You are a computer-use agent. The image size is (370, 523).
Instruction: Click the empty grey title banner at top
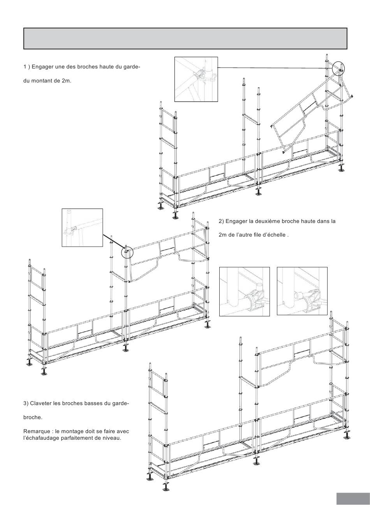[185, 39]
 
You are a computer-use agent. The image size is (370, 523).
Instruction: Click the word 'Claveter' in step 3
[42, 403]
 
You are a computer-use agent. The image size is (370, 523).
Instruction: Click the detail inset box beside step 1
[196, 79]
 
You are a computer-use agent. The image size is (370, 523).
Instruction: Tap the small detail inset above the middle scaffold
[82, 228]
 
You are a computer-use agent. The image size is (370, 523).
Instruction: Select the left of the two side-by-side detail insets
[245, 291]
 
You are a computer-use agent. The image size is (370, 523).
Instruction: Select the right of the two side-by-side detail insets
[302, 291]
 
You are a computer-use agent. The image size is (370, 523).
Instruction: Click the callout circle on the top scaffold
[339, 68]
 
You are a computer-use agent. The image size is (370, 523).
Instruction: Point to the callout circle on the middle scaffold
[127, 252]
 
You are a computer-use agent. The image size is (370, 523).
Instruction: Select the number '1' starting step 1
[25, 67]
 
